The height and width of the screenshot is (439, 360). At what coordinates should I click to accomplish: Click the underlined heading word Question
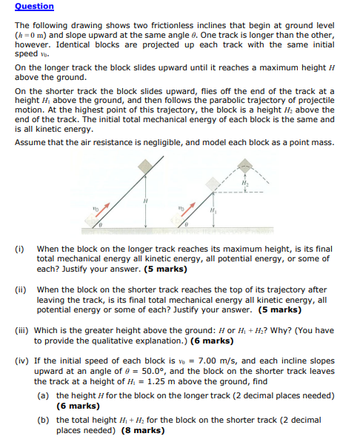click(x=34, y=7)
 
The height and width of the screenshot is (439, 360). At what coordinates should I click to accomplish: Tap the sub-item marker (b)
click(x=43, y=420)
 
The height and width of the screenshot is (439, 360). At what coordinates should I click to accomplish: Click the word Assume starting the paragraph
click(x=30, y=142)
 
